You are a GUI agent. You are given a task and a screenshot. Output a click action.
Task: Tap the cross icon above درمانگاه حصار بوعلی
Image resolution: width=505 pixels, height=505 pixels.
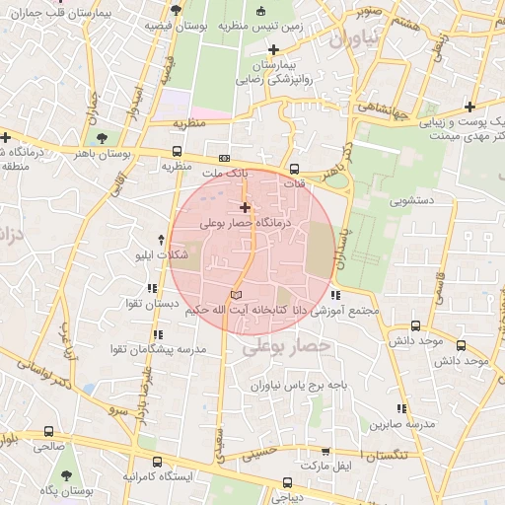click(245, 207)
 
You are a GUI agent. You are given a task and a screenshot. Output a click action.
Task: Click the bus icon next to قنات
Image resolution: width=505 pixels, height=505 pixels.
click(294, 168)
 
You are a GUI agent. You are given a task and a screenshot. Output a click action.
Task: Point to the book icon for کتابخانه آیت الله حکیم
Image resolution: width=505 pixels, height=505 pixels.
click(234, 295)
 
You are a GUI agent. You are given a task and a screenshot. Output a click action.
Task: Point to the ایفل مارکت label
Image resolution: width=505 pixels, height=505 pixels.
click(329, 464)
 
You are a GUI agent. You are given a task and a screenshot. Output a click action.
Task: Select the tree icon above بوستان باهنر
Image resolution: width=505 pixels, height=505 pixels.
click(98, 137)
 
